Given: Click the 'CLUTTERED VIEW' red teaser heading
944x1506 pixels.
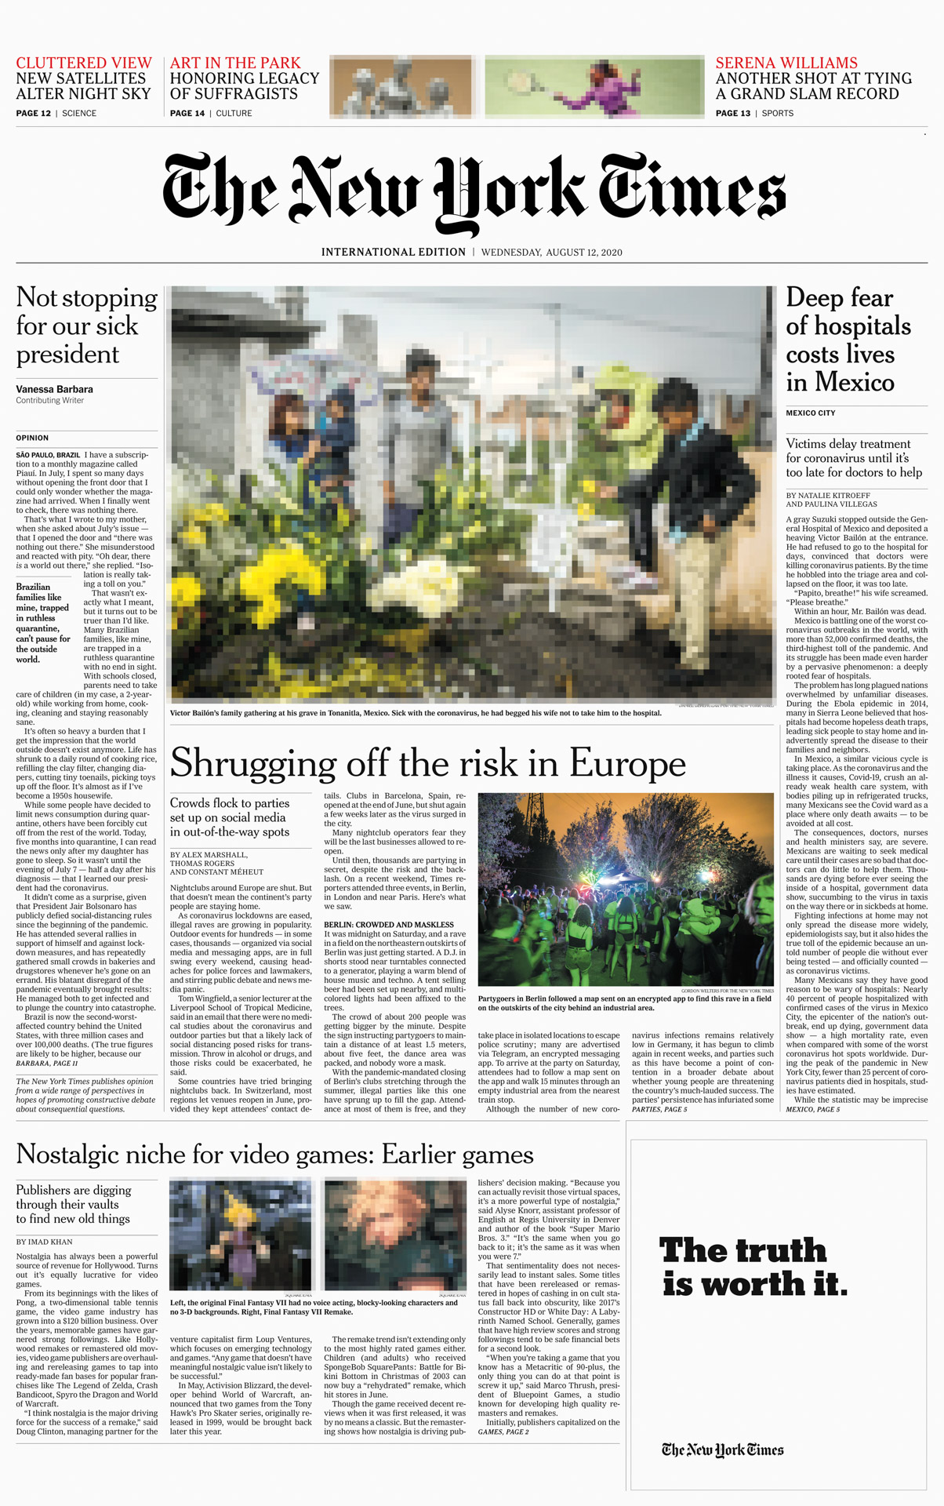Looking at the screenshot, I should point(84,63).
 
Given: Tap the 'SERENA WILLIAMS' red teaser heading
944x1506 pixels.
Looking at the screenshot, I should point(786,63).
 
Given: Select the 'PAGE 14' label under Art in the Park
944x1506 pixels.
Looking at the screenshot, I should point(187,114).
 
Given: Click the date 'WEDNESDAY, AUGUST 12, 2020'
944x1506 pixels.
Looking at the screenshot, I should point(551,253).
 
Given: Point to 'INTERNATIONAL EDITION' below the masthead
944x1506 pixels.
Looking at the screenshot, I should point(393,253).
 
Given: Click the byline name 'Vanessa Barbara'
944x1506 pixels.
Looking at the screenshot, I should point(54,389).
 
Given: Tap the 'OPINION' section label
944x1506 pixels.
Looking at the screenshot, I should point(32,438).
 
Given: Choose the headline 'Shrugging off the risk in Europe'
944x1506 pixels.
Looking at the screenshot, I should point(427,763).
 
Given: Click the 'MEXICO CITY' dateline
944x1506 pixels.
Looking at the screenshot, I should point(811,413).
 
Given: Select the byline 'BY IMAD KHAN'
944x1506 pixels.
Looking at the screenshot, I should point(44,1242).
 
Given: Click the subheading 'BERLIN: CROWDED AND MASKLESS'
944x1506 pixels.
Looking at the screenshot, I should point(389,925).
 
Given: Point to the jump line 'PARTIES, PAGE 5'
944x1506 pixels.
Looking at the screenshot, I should point(659,1109).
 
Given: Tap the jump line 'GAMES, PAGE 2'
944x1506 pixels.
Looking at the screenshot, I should point(503,1431).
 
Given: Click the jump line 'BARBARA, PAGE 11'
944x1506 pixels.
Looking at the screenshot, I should point(47,1063).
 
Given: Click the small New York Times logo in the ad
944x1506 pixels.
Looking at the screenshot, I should point(722,1450).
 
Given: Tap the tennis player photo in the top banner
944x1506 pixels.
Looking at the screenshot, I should point(594,86).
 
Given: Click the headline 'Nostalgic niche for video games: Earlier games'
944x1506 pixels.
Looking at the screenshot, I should point(274,1155).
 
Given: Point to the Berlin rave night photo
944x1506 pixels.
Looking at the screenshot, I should point(626,889).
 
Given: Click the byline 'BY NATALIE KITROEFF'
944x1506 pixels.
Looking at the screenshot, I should point(828,496).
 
